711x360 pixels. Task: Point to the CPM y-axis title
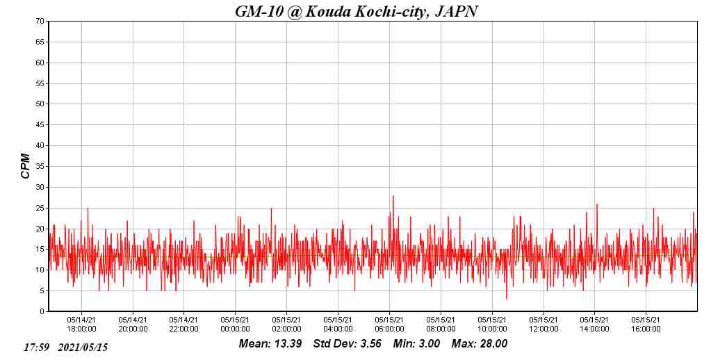[x=26, y=166]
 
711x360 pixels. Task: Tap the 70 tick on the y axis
[x=41, y=21]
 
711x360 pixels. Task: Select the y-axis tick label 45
[x=41, y=125]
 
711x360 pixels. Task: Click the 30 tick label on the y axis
[x=41, y=187]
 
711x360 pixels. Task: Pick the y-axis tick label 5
[x=43, y=291]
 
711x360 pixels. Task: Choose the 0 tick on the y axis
[x=43, y=311]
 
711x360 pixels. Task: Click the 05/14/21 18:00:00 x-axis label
[x=81, y=325]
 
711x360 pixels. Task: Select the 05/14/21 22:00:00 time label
[x=184, y=325]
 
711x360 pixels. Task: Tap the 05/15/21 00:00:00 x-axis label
[x=236, y=325]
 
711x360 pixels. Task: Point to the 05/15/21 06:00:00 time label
[x=389, y=325]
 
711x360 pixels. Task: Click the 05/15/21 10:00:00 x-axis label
[x=492, y=325]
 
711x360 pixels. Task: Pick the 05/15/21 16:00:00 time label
[x=646, y=325]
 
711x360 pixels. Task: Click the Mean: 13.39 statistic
[x=270, y=343]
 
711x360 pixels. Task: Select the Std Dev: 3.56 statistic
[x=348, y=343]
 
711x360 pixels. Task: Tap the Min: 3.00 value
[x=416, y=343]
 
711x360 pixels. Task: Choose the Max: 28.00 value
[x=480, y=343]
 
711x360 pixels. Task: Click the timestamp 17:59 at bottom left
[x=36, y=347]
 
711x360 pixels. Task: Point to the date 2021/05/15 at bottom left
[x=83, y=347]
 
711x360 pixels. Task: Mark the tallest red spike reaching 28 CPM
[x=393, y=197]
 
